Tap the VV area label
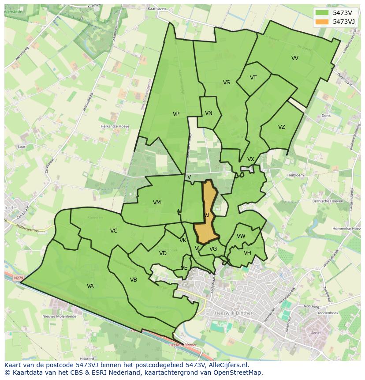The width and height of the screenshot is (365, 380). pyautogui.click(x=295, y=58)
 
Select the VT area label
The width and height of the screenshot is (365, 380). pyautogui.click(x=253, y=78)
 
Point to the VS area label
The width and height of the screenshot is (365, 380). pyautogui.click(x=226, y=83)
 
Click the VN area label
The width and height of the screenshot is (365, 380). pyautogui.click(x=209, y=113)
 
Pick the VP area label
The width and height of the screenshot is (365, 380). pyautogui.click(x=176, y=114)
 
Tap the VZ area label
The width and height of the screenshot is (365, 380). pyautogui.click(x=281, y=127)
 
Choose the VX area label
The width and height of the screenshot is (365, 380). pyautogui.click(x=251, y=159)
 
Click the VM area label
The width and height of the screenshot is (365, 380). pyautogui.click(x=156, y=203)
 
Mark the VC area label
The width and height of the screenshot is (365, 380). pyautogui.click(x=114, y=231)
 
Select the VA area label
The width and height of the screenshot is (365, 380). pyautogui.click(x=90, y=286)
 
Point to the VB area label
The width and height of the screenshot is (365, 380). pyautogui.click(x=134, y=280)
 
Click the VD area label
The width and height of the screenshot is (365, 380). pyautogui.click(x=163, y=253)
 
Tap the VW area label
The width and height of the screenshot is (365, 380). pyautogui.click(x=241, y=236)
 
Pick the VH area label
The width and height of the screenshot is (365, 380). pyautogui.click(x=247, y=253)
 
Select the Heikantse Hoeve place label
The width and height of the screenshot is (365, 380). pyautogui.click(x=115, y=126)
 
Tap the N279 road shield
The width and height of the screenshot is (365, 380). pyautogui.click(x=18, y=278)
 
